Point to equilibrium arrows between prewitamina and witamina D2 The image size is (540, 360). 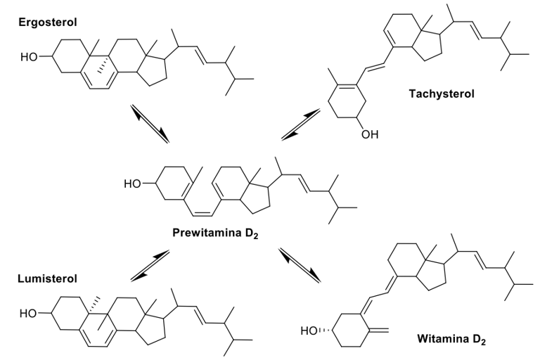point(299,264)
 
